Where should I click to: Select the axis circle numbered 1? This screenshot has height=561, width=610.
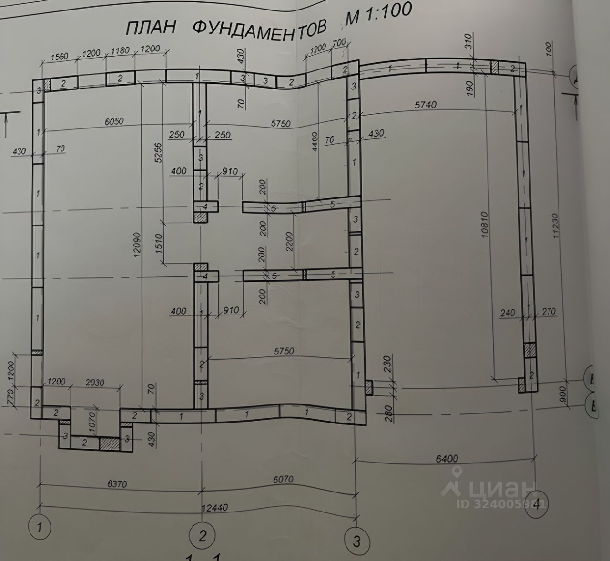click(x=40, y=527)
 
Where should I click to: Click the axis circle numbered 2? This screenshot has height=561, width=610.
click(x=202, y=536)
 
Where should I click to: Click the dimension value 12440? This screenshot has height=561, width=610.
click(x=215, y=509)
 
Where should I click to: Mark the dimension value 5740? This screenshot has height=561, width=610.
click(x=425, y=105)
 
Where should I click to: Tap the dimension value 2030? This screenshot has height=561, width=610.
click(x=95, y=383)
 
